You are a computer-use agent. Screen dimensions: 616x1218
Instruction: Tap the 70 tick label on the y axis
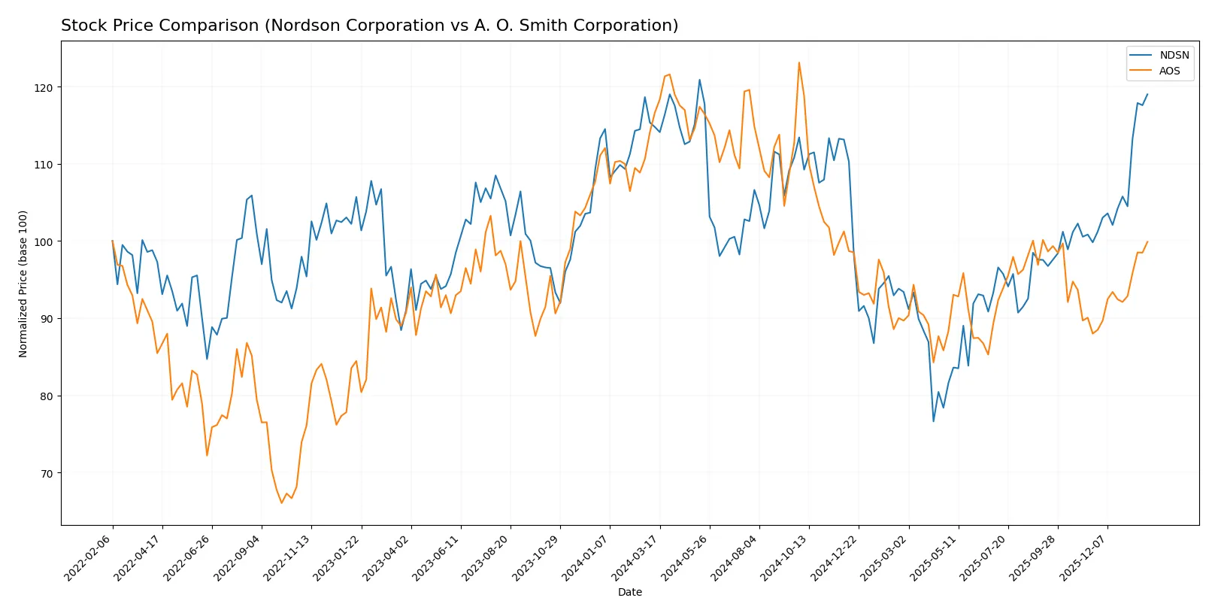coord(47,473)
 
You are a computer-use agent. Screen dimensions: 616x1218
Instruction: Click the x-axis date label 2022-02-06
coord(89,558)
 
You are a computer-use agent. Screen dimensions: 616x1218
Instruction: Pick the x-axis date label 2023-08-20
coord(486,558)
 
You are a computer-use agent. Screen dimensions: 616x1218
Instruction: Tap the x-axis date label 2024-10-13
coord(785,558)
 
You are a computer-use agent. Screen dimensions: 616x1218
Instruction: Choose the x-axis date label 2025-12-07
coord(1083,558)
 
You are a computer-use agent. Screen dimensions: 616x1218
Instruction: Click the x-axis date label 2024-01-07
coord(586,558)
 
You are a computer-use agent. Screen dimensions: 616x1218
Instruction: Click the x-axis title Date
coord(629,592)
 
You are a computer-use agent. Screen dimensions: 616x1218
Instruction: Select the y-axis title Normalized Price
coord(23,284)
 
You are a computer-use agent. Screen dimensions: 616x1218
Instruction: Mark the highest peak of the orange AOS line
coord(798,62)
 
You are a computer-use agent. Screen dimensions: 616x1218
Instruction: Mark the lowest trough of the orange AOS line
coord(282,502)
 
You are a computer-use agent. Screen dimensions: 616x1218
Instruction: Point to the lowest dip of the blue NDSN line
coord(934,421)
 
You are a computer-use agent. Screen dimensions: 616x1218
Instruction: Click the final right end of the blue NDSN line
coord(1147,95)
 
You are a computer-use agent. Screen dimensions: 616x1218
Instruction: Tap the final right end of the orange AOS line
coord(1147,242)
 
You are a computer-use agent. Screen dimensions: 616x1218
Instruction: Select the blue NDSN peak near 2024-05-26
coord(699,80)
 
